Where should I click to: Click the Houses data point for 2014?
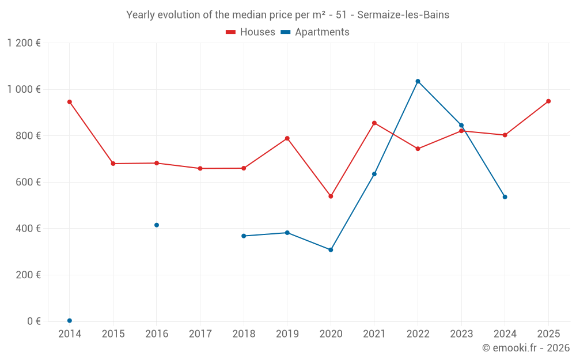(70, 102)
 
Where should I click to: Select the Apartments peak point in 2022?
(418, 81)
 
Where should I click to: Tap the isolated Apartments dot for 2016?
(157, 225)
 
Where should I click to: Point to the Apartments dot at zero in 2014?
(70, 321)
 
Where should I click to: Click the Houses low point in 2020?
(331, 196)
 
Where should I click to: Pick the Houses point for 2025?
(548, 101)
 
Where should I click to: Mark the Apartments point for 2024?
(505, 197)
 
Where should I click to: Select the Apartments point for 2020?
(331, 250)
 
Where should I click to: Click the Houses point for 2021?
(374, 123)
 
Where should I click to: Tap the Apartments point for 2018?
(244, 236)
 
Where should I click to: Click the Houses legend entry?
(251, 32)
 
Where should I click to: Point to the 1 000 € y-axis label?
(24, 89)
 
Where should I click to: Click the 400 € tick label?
(28, 229)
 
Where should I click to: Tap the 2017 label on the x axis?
(200, 334)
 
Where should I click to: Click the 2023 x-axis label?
(461, 334)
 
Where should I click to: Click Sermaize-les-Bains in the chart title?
(403, 15)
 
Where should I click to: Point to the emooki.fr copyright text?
(526, 348)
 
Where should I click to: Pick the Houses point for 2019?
(287, 138)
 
